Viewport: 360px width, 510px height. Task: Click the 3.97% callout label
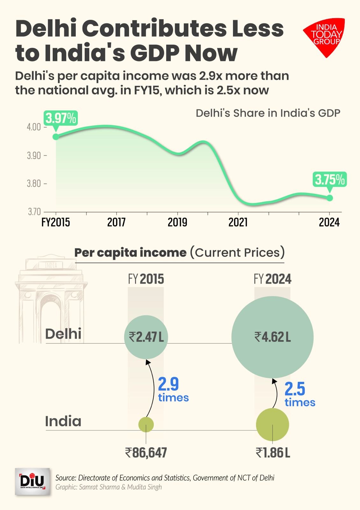pos(61,119)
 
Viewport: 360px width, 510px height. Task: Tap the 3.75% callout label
pos(330,180)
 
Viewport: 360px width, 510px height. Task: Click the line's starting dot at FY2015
pos(56,136)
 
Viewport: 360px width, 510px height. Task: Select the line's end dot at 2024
pos(330,198)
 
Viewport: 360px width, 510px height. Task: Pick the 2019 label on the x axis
pos(177,222)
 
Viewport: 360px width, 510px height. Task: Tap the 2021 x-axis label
pos(238,222)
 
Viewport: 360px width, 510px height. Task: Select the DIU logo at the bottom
pos(32,482)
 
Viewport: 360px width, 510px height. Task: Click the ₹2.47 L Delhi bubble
pos(146,337)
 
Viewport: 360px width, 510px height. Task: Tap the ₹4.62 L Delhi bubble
pos(272,337)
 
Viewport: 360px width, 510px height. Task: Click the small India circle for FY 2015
pos(146,424)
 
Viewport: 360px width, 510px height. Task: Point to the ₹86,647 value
pos(146,453)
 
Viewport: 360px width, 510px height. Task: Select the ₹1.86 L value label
pos(273,453)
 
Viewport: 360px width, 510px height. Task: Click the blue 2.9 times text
pos(173,390)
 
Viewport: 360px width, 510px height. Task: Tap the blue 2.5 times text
pos(299,395)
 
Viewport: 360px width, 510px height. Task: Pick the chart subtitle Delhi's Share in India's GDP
pos(268,113)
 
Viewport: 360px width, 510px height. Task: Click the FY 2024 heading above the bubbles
pos(272,279)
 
